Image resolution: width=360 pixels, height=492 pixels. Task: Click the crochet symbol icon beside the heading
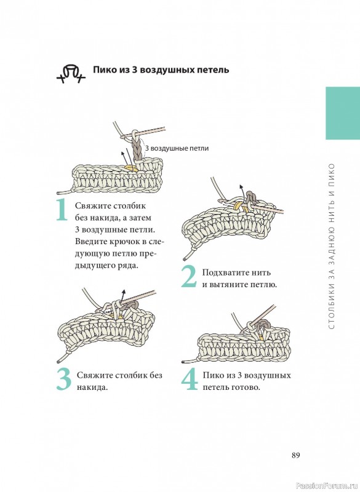[71, 74]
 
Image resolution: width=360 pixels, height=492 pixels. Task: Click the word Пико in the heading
[105, 69]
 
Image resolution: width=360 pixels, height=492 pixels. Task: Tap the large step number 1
[62, 210]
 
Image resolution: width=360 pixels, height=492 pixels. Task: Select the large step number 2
[189, 277]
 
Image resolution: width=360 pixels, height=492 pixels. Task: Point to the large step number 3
[64, 379]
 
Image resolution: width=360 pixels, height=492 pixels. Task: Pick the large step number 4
[190, 379]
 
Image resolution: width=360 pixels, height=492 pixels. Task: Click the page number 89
[295, 455]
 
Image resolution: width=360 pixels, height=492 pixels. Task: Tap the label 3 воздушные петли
[177, 148]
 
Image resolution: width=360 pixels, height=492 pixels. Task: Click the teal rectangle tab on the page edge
[343, 113]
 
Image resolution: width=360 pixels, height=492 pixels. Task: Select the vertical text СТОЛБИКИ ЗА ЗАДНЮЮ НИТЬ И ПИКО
[332, 247]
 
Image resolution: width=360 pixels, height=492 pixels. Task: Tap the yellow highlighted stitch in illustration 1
[130, 169]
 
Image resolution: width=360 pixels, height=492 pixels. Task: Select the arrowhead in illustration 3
[124, 292]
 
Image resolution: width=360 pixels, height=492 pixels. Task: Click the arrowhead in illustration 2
[241, 188]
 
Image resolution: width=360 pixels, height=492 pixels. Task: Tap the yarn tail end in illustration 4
[183, 362]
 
